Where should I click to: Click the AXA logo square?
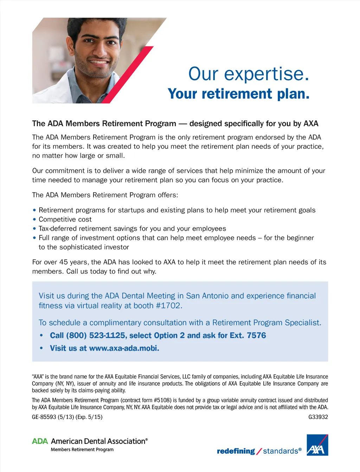pyautogui.click(x=317, y=445)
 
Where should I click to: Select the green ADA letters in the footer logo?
pyautogui.click(x=40, y=441)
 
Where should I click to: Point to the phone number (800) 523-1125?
pyautogui.click(x=96, y=336)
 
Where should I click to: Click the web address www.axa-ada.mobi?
pyautogui.click(x=124, y=348)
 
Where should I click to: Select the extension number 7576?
pyautogui.click(x=256, y=336)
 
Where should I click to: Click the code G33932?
pyautogui.click(x=318, y=417)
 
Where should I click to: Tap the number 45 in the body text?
pyautogui.click(x=63, y=262)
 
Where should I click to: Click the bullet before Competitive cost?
pyautogui.click(x=34, y=219)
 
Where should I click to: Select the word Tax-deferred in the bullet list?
pyautogui.click(x=58, y=229)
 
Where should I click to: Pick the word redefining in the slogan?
pyautogui.click(x=236, y=451)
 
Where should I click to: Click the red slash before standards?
pyautogui.click(x=259, y=451)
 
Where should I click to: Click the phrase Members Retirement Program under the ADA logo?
pyautogui.click(x=82, y=449)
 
